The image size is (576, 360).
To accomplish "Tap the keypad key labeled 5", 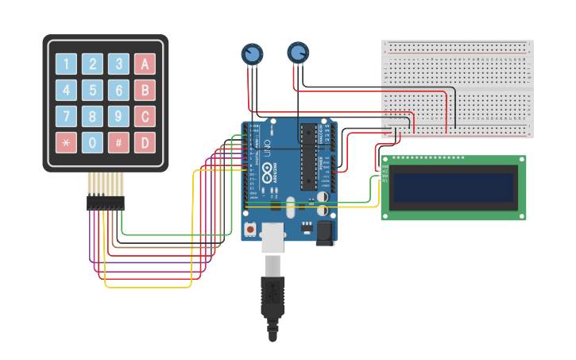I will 93,90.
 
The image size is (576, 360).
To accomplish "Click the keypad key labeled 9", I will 119,116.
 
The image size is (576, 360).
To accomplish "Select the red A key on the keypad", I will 145,64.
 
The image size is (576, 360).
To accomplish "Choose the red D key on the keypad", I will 145,142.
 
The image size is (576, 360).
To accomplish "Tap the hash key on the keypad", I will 119,142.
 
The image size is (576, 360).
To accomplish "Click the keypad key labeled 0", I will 93,142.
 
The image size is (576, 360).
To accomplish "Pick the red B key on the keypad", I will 145,90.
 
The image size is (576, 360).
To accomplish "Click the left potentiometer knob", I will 252,54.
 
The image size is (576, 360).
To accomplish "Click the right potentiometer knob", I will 298,52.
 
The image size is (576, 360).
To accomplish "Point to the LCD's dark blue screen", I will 454,188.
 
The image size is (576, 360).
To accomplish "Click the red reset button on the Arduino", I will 250,229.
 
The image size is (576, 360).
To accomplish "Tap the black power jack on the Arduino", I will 323,232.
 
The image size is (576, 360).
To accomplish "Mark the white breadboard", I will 457,88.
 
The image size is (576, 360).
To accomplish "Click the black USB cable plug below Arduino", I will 272,294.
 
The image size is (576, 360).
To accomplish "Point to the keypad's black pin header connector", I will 106,203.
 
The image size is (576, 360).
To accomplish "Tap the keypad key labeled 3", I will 119,64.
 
